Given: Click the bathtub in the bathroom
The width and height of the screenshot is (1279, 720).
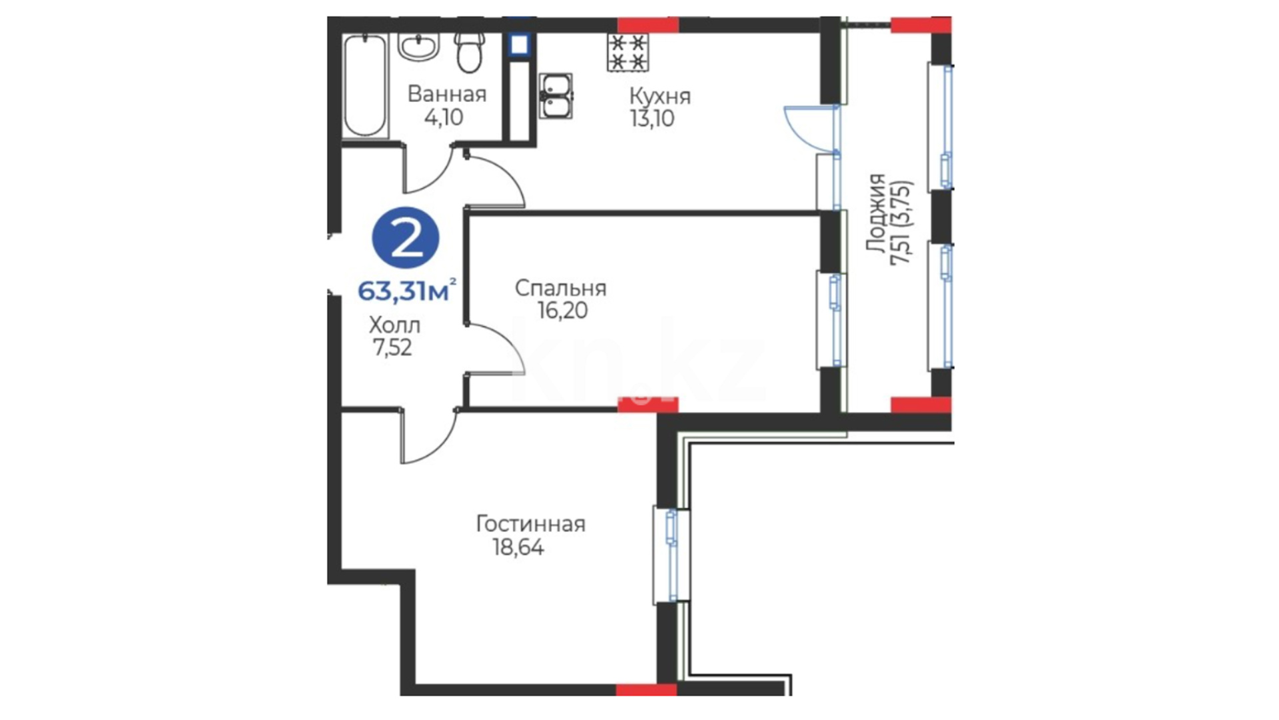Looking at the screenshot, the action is (365, 86).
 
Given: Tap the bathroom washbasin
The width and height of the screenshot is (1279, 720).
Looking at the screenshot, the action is (418, 47).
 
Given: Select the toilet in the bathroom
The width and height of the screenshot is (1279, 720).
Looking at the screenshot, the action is (470, 52).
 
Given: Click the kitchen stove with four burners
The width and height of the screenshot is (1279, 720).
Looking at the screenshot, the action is (628, 53).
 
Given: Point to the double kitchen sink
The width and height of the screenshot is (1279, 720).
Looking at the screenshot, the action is (556, 96).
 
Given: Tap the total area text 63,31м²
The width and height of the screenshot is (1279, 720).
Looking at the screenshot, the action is (407, 290).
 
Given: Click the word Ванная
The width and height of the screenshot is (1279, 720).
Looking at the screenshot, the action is (447, 94).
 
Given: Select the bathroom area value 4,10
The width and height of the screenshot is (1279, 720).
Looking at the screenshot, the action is (444, 117).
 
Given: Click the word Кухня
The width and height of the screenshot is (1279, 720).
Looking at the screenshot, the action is (659, 97).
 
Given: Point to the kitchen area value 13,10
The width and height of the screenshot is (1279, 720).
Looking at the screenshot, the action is (651, 119).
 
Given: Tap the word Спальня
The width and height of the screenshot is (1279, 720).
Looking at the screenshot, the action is (560, 288).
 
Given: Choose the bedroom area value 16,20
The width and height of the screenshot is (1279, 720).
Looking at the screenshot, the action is (563, 310).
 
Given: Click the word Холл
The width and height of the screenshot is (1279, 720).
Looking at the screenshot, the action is (394, 325).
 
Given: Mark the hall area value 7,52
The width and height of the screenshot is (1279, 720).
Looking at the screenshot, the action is (392, 347).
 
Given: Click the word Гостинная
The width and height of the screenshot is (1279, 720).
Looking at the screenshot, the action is (530, 524).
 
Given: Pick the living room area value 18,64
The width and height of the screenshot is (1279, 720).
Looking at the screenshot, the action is (518, 547).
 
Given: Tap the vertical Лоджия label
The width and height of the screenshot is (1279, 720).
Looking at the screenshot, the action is (877, 213).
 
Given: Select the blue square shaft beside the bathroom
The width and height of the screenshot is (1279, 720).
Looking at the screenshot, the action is (519, 45).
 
